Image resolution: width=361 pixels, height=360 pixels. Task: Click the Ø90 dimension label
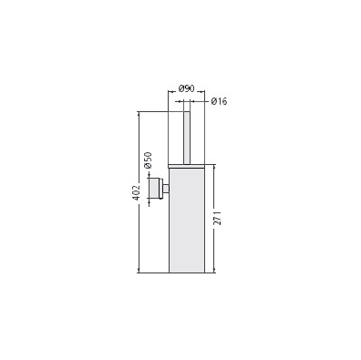coord(187,88)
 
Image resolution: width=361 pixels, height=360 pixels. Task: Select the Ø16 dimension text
coord(219,101)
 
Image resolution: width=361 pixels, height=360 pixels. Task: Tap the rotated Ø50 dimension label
coord(148,159)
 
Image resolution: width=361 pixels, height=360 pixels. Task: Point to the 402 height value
coord(137,192)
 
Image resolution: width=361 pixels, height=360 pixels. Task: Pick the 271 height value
coord(218,218)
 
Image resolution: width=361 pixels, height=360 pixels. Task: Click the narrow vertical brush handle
coord(187,138)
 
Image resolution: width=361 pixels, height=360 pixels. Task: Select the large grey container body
coord(187,220)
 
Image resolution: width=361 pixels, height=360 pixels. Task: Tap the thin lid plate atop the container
coord(187,166)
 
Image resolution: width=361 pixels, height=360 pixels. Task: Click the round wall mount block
coord(156,189)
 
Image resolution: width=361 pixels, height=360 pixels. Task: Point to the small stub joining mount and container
coord(166,189)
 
